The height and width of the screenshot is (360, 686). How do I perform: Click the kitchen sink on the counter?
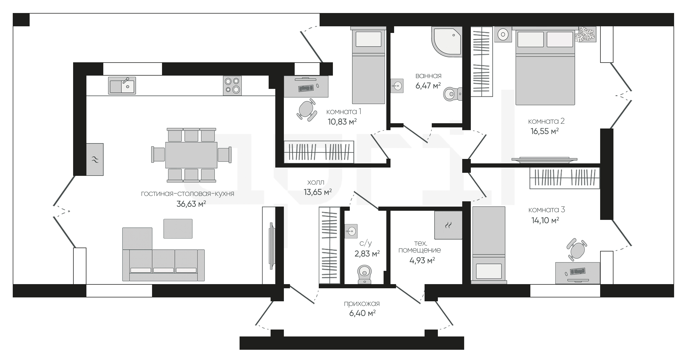coord(122,86)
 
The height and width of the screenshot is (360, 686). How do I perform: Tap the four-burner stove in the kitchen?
coord(232,86)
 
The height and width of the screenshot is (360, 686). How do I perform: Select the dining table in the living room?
coord(191,155)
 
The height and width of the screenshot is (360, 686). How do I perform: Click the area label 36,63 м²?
coord(191,204)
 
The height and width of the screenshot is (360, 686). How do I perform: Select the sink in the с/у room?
coord(351,231)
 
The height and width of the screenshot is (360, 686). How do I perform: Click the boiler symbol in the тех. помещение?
coord(448,225)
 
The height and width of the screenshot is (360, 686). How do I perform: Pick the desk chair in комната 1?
coord(307,110)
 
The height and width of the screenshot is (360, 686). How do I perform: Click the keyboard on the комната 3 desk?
coord(577,271)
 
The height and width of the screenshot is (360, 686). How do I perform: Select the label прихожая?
coord(362,304)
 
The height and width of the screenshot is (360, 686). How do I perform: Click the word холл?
coord(316,182)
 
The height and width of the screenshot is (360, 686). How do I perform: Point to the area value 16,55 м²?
coord(544,131)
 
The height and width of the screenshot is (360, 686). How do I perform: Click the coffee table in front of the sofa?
coord(178,228)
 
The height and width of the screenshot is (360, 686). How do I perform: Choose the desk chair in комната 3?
coord(577,249)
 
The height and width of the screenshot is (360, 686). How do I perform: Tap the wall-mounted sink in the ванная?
coord(397,86)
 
